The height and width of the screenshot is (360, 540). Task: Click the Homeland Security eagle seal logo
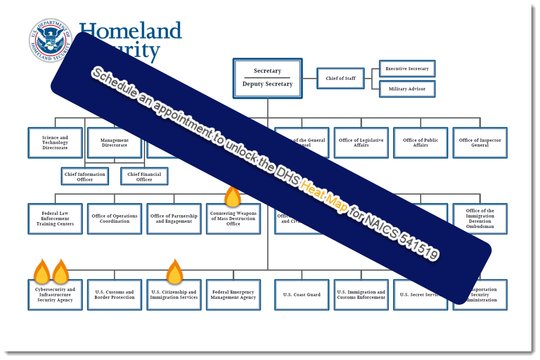point(50,41)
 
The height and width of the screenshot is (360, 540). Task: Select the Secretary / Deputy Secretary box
point(267,78)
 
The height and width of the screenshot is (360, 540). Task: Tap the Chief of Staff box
point(340,79)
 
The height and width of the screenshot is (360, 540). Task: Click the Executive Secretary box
point(407,69)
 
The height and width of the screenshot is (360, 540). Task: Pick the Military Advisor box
point(407,89)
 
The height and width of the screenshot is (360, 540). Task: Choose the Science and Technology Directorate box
point(55,143)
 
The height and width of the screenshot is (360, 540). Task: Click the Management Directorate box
point(114,143)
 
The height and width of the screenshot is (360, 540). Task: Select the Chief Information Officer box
point(85,176)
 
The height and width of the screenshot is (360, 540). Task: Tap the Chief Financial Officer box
point(144,176)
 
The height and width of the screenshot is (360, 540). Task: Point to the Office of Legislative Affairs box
point(361,143)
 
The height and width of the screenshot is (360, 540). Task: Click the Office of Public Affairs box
point(420,143)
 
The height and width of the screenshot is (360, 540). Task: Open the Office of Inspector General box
point(480,143)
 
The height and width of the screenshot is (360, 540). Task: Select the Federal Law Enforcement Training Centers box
point(55,219)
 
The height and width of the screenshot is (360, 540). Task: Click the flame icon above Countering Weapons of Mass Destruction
point(232,196)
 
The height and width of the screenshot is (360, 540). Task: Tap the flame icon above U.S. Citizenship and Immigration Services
point(174,272)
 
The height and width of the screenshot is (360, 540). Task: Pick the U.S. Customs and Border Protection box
point(114,295)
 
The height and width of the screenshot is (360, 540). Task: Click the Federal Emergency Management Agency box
point(233,295)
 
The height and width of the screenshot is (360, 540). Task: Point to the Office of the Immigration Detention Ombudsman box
point(480,219)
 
